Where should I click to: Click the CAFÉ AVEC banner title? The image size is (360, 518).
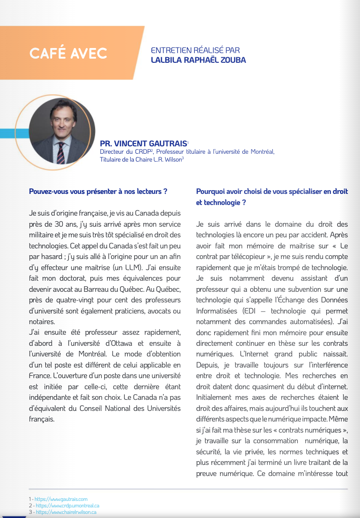click(x=68, y=53)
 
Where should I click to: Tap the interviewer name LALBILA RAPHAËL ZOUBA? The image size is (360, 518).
click(x=198, y=60)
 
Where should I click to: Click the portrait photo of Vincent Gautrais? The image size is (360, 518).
click(x=61, y=131)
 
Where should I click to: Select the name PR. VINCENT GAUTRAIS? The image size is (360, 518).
click(x=144, y=144)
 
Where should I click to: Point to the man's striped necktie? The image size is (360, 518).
click(x=61, y=152)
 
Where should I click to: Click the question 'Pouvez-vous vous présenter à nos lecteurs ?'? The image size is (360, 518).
click(x=98, y=191)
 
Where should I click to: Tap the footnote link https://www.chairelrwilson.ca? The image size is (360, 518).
click(x=66, y=512)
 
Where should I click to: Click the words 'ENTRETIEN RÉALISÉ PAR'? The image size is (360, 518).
click(x=195, y=50)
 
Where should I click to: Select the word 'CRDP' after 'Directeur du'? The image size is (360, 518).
click(x=141, y=151)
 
